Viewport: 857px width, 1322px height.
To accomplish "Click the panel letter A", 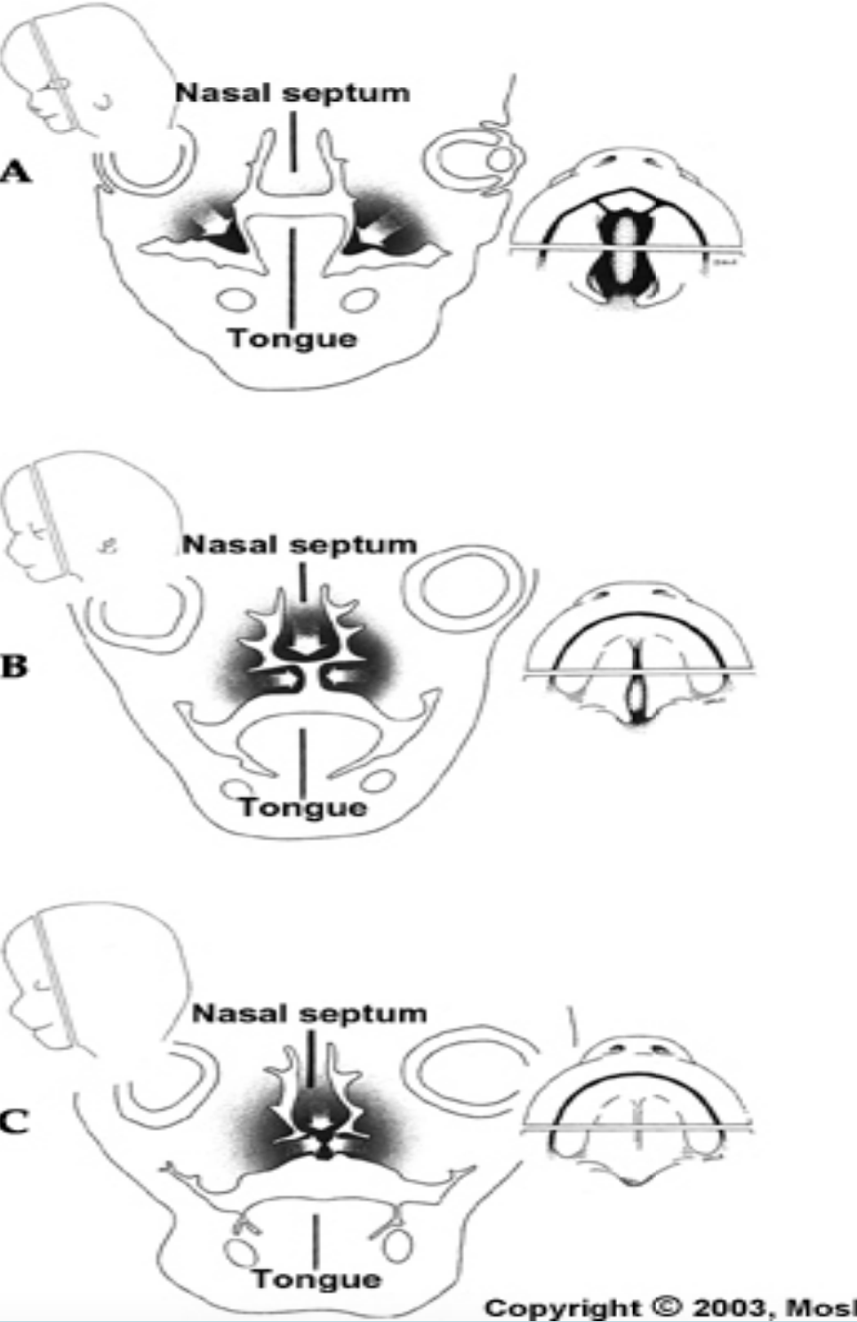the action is click(15, 171).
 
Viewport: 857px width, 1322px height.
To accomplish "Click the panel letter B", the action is click(14, 665).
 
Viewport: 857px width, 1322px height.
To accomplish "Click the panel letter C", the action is click(14, 1121).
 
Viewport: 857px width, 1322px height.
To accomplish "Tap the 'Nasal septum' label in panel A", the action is click(292, 93).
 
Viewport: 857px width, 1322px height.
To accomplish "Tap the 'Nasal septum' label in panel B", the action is click(300, 544).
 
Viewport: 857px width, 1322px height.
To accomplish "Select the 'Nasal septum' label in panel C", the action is click(309, 1012).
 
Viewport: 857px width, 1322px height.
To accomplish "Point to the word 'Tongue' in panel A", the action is click(292, 338).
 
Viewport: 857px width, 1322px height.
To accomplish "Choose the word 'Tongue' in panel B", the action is click(303, 807).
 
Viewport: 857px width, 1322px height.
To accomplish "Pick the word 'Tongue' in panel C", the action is click(316, 1279).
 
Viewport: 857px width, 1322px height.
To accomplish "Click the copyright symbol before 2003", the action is click(666, 1307).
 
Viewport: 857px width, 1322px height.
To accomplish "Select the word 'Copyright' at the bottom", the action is click(562, 1307).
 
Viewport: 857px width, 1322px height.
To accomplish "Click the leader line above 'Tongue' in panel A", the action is click(292, 276).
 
